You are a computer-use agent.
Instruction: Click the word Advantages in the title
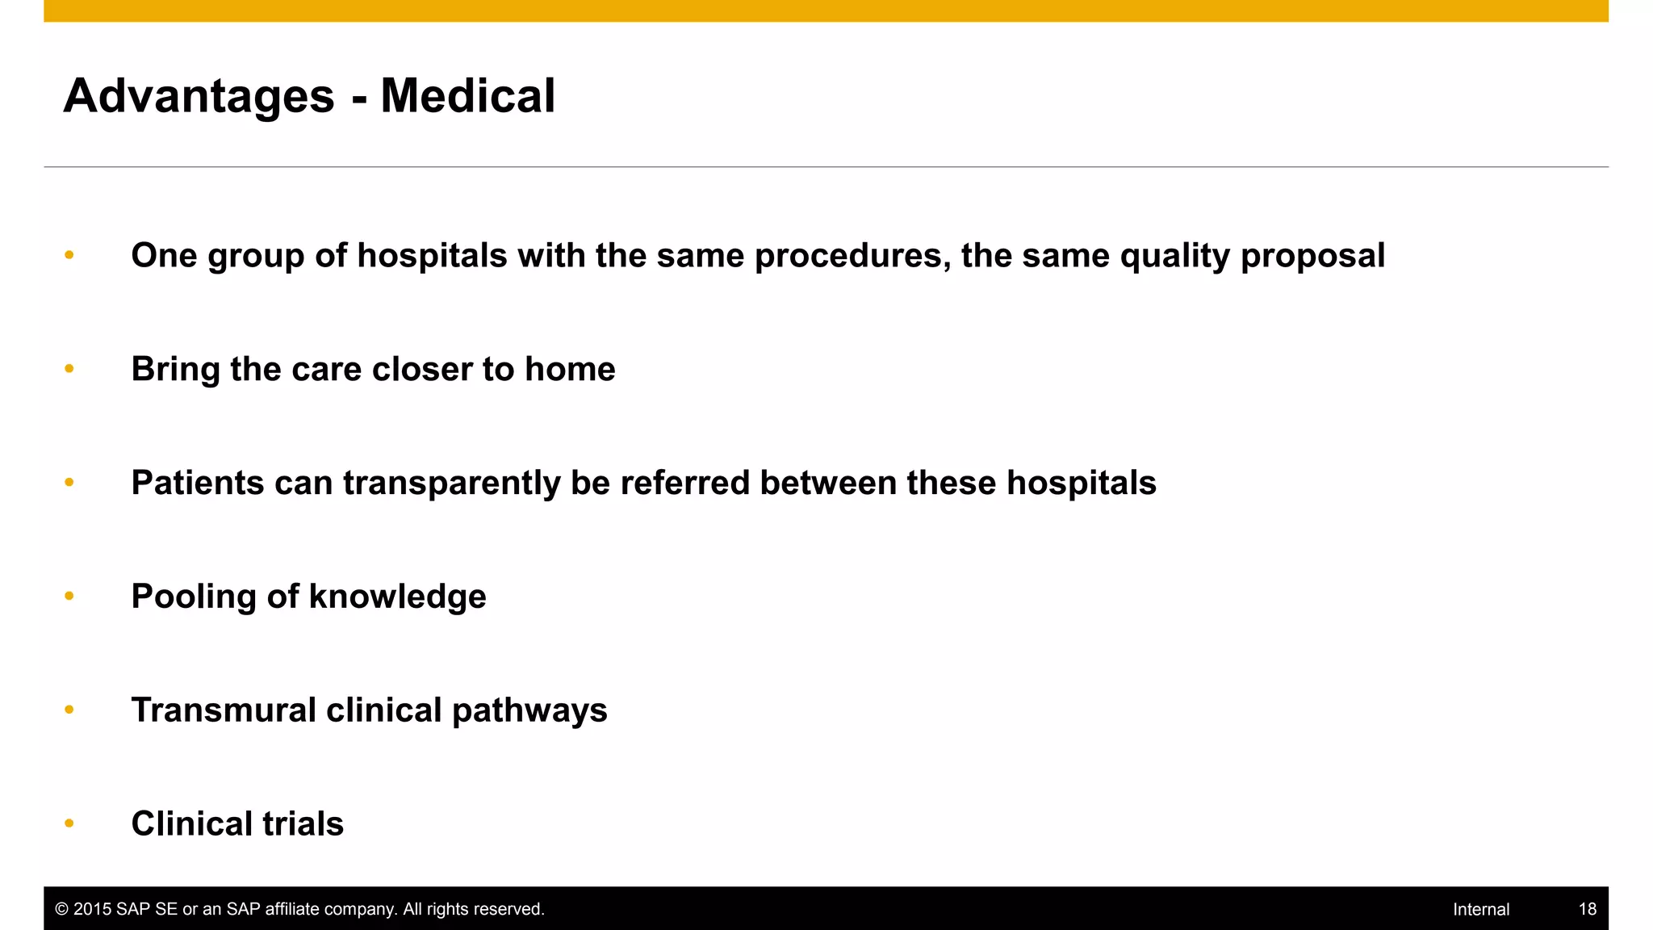[x=199, y=96]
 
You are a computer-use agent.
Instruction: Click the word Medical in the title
[x=467, y=96]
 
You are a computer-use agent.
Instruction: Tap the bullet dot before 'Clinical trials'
[x=69, y=823]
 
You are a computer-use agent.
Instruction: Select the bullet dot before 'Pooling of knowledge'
[x=69, y=596]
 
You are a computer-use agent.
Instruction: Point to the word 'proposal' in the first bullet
[x=1312, y=256]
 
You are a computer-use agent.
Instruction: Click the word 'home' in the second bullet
[x=570, y=369]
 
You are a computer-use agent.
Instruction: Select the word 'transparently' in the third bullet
[x=451, y=483]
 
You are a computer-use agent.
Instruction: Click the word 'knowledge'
[x=397, y=597]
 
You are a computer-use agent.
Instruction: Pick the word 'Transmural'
[x=224, y=710]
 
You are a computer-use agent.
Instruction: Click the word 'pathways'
[x=529, y=710]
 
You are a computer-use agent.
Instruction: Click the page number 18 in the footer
[x=1587, y=909]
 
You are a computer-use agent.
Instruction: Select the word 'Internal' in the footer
[x=1480, y=909]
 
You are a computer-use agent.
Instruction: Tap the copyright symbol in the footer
[x=61, y=909]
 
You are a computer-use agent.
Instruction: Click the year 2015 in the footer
[x=92, y=909]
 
